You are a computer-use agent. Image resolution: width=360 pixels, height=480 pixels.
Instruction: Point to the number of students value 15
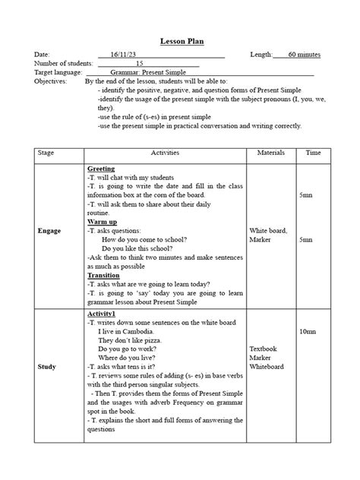(x=139, y=63)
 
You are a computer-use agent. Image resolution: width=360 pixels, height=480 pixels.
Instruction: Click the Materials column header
(x=270, y=153)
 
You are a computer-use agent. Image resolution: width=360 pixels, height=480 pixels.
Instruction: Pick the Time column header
(x=313, y=153)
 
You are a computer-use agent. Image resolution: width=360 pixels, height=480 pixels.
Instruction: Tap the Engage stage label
(x=51, y=229)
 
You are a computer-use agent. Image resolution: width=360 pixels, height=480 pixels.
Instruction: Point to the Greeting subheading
(x=101, y=168)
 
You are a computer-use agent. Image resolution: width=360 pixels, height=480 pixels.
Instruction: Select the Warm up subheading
(x=103, y=222)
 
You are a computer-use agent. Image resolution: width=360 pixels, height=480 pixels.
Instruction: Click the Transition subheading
(x=103, y=275)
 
